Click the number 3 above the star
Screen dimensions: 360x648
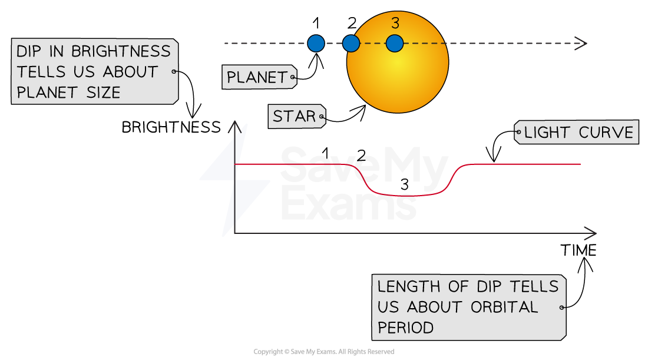point(395,24)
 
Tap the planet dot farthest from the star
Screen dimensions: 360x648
point(316,43)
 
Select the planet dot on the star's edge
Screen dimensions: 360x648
point(351,43)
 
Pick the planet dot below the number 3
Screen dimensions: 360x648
point(395,43)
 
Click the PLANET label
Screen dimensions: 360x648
point(257,77)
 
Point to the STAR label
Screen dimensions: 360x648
point(295,117)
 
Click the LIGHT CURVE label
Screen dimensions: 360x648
point(578,133)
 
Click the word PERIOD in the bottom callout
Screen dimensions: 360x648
point(406,328)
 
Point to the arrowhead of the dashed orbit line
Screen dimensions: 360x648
point(582,43)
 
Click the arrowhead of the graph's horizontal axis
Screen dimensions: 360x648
point(591,233)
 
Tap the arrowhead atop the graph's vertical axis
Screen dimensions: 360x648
point(234,125)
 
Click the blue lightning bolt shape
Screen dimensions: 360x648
point(234,180)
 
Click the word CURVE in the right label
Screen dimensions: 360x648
point(606,133)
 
